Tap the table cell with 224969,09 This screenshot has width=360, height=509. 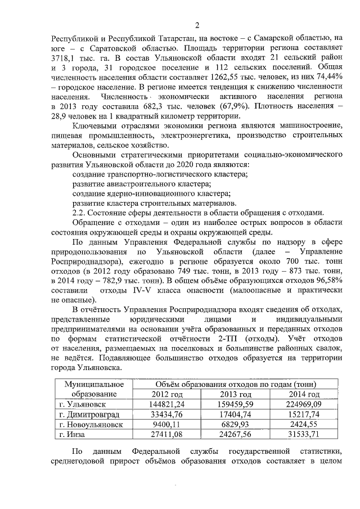(304, 404)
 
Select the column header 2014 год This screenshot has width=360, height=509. (304, 394)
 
